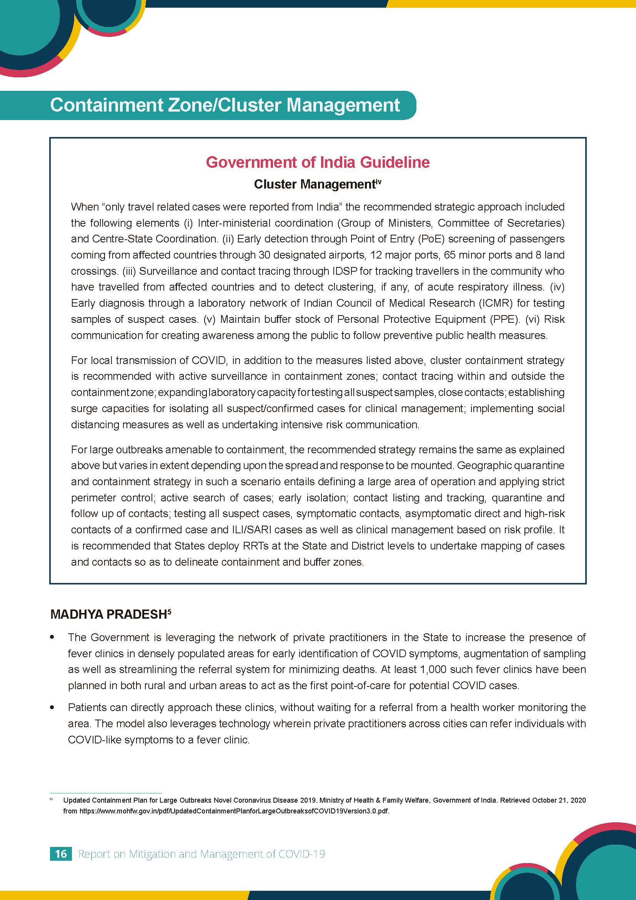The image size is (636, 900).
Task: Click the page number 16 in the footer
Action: (x=61, y=854)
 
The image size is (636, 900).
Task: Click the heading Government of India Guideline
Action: (x=318, y=162)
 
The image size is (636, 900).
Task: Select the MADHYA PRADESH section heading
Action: (x=108, y=614)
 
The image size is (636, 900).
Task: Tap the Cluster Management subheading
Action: (x=315, y=184)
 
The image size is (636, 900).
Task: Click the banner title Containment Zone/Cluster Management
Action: (x=225, y=105)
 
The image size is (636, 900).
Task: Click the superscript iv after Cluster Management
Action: (x=378, y=181)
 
